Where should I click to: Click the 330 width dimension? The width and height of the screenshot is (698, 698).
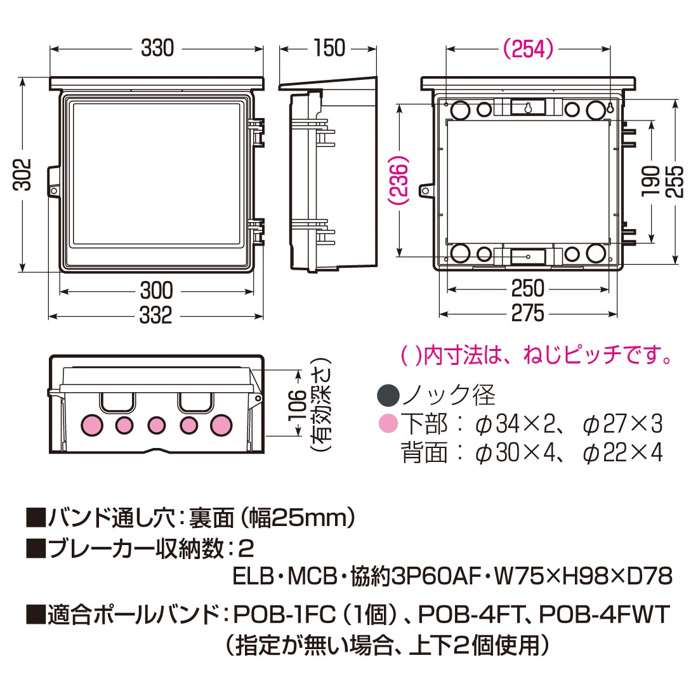click(x=157, y=48)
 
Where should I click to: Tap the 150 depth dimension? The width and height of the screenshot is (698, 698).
click(x=329, y=48)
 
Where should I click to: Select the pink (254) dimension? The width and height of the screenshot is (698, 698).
click(x=528, y=48)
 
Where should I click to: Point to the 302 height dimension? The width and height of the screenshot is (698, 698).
click(x=23, y=174)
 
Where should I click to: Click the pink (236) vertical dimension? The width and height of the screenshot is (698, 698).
click(x=399, y=181)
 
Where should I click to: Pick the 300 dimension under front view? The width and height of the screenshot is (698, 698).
click(x=156, y=291)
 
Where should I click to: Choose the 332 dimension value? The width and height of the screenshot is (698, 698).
click(x=156, y=315)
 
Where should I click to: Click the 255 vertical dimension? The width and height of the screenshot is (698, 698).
click(x=675, y=181)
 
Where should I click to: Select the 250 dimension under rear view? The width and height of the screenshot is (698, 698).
click(x=528, y=289)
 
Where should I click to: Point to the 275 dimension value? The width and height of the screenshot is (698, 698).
click(x=528, y=313)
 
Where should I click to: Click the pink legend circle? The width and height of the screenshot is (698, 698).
click(x=388, y=423)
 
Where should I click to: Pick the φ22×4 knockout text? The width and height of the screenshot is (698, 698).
click(x=622, y=452)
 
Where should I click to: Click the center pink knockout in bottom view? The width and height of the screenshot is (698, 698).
click(x=157, y=425)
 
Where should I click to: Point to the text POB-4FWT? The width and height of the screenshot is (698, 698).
click(x=604, y=614)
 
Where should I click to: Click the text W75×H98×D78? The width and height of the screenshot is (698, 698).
click(x=583, y=576)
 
